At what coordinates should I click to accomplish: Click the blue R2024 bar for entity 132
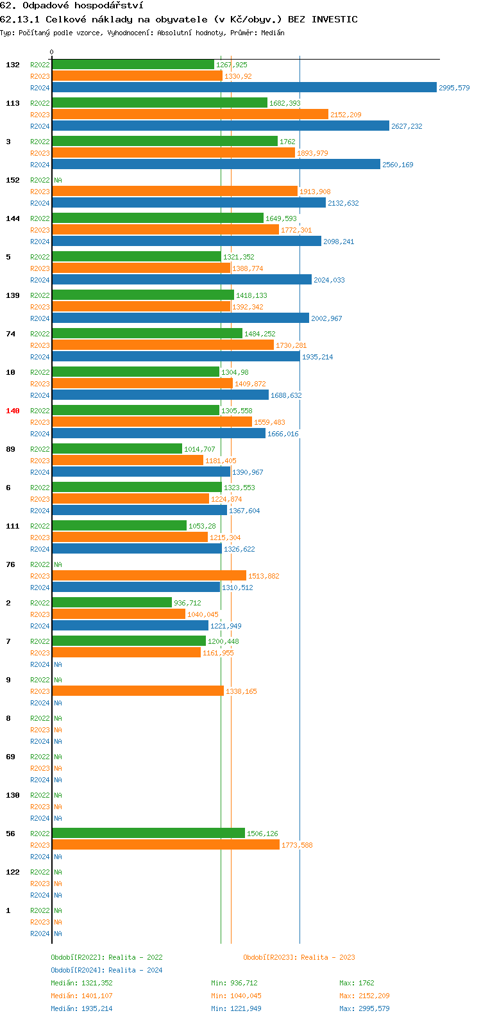coord(244,88)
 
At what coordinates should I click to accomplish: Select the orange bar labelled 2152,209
coord(190,115)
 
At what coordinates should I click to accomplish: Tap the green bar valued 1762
coord(164,142)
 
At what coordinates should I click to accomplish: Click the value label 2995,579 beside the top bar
coord(454,88)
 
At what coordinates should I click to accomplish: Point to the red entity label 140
coord(13,411)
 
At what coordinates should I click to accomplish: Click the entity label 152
coord(13,180)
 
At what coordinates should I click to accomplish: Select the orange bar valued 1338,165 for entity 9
coord(137,691)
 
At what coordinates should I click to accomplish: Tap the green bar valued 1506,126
coord(148,834)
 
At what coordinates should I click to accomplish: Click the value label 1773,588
coord(297,845)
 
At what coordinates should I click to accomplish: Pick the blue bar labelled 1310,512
coord(136,588)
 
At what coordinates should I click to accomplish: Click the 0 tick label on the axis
coord(52,53)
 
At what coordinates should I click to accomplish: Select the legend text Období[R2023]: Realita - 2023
coord(299,957)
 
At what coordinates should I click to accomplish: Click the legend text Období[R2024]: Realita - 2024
coord(106,970)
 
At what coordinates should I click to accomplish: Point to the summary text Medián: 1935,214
coord(81,1008)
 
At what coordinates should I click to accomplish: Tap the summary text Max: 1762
coord(357,983)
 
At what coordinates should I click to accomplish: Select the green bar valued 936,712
coord(112,603)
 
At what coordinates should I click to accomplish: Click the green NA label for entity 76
coord(58,564)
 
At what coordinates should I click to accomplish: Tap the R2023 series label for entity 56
coord(40,845)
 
